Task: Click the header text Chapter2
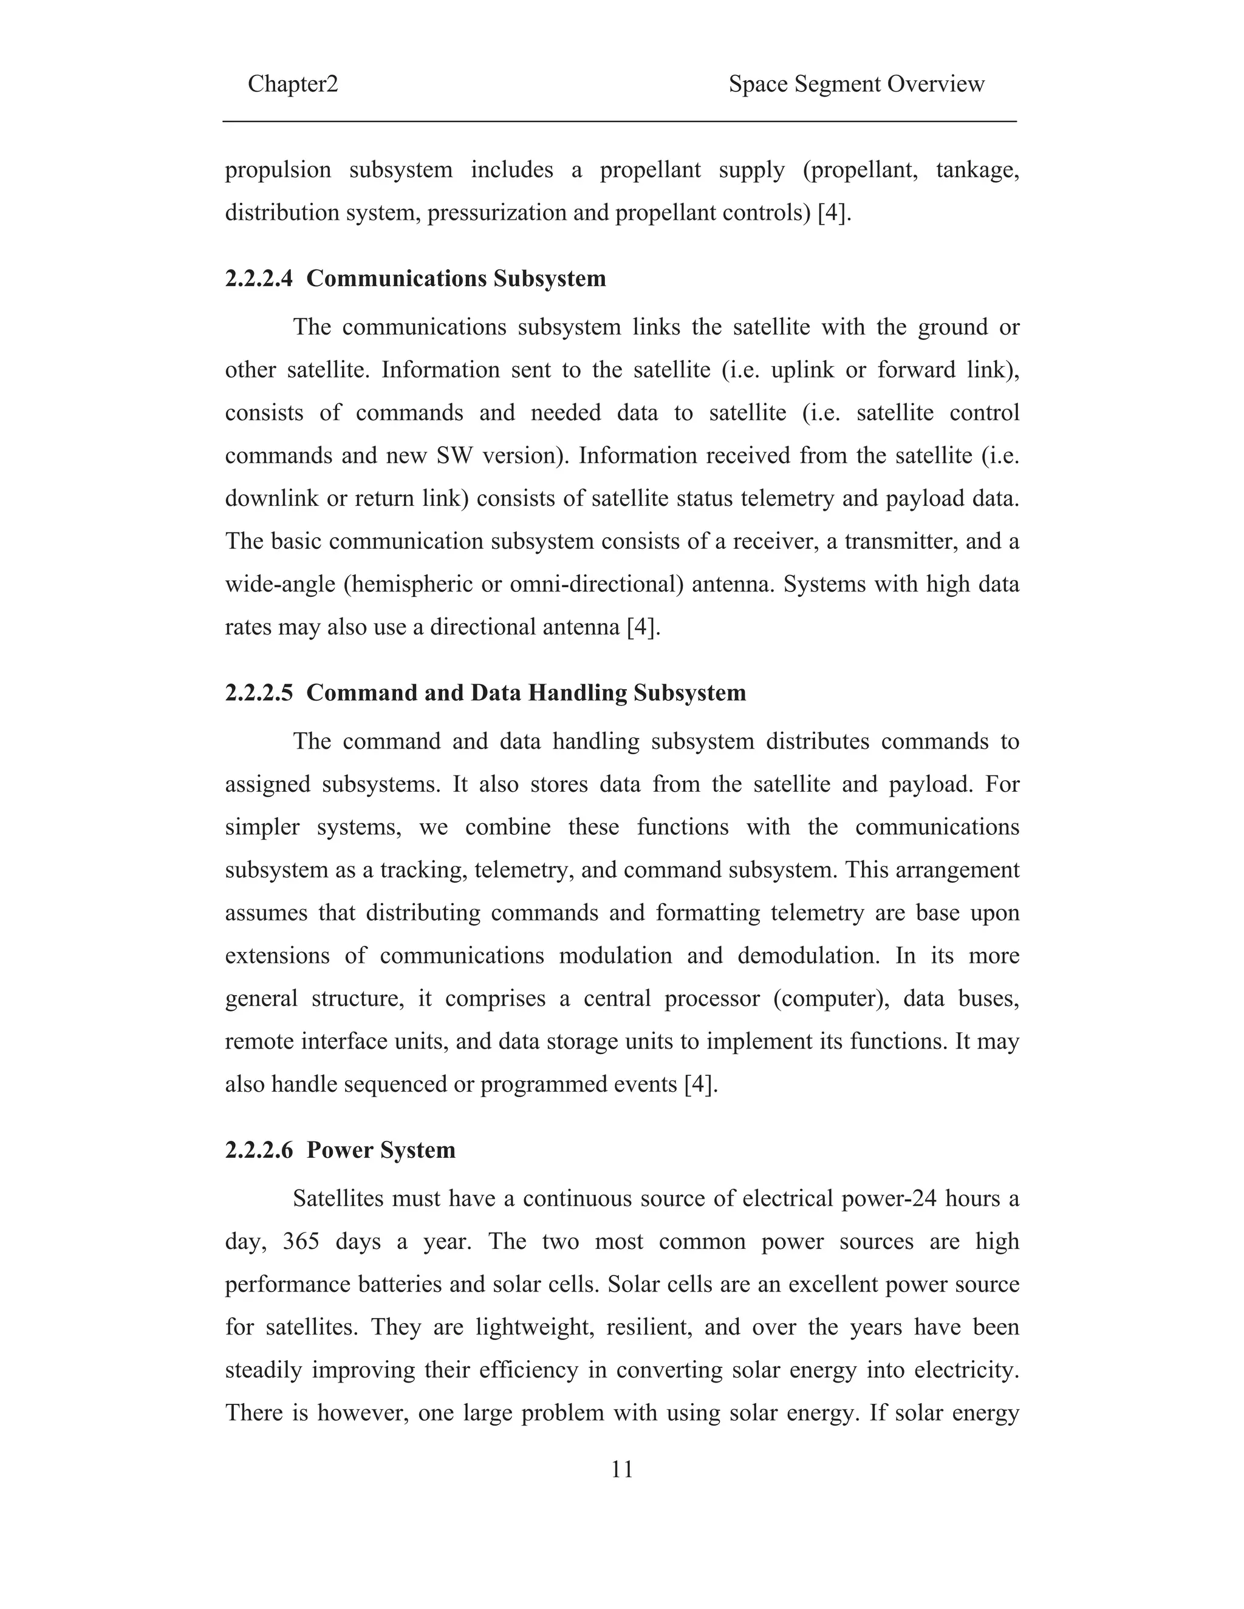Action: point(293,85)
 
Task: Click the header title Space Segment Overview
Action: point(856,85)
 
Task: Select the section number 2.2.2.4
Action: point(259,279)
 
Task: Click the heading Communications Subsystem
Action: point(456,279)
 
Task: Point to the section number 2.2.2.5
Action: point(259,693)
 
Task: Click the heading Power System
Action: point(381,1150)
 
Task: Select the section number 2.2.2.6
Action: point(259,1150)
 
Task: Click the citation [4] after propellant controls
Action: point(834,214)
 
